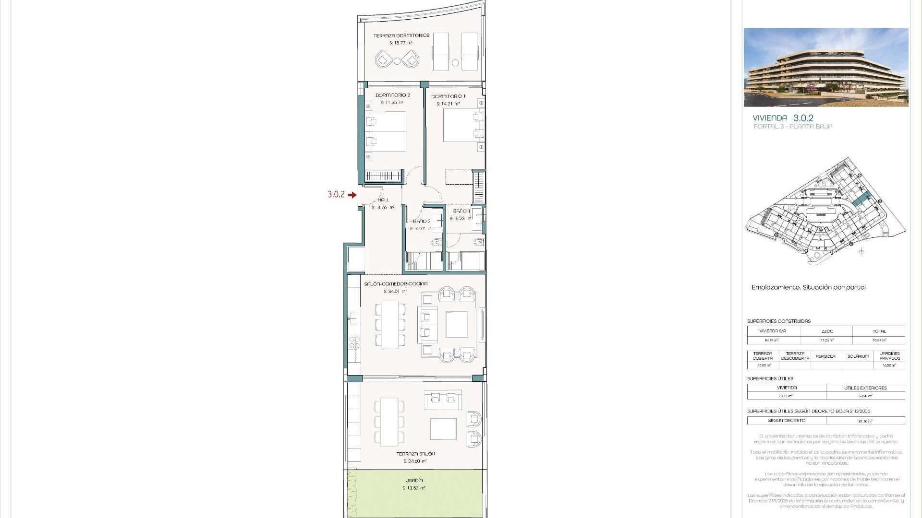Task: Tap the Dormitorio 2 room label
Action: coord(392,95)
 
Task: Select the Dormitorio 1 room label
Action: coord(448,96)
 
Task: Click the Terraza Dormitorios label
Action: coord(401,35)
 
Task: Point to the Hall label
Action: coord(383,200)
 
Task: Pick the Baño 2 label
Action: coord(421,221)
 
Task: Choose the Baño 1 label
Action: coord(461,211)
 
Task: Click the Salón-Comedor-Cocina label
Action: coord(396,284)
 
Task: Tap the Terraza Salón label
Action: coord(415,454)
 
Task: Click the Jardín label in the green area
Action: coord(414,481)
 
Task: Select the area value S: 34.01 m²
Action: coord(395,292)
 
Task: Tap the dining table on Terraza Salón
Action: coord(389,421)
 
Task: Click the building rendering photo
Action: coord(826,67)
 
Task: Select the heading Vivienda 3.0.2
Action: coord(783,118)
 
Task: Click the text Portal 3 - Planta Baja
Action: coord(793,127)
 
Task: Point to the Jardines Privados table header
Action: coord(889,356)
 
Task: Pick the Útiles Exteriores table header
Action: coord(865,388)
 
